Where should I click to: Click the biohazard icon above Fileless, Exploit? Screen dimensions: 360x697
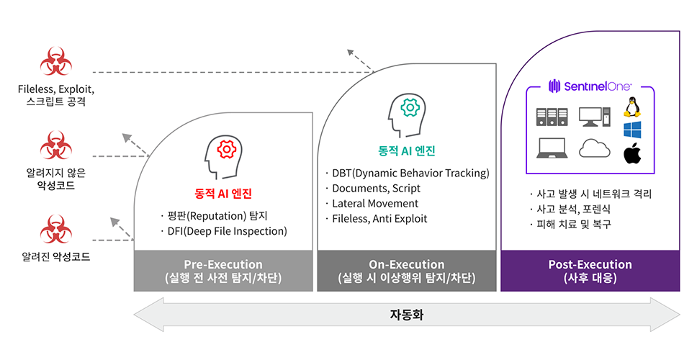[55, 62]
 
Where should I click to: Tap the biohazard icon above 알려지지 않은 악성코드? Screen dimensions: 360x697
[55, 145]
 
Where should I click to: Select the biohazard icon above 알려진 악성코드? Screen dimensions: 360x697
[55, 229]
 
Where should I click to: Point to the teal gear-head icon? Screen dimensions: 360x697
[406, 112]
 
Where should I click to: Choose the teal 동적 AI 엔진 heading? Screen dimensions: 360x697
[407, 151]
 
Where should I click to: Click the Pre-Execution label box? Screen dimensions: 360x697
[223, 271]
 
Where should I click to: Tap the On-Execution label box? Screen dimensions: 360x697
[406, 271]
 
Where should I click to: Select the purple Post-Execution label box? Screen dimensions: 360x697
[590, 271]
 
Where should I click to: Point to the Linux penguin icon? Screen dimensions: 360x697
[632, 107]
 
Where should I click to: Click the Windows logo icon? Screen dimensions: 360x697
[632, 130]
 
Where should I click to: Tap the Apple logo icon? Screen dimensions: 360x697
[632, 153]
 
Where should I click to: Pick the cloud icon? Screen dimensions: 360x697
[594, 148]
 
